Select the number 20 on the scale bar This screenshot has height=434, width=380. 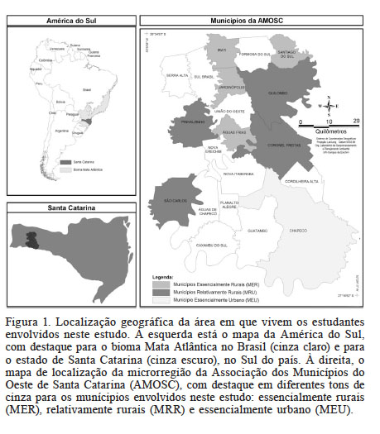356,121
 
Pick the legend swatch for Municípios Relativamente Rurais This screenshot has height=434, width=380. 160,290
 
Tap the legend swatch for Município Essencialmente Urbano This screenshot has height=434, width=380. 160,297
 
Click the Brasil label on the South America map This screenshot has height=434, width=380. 85,84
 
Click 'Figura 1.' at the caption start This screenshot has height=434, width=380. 28,319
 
